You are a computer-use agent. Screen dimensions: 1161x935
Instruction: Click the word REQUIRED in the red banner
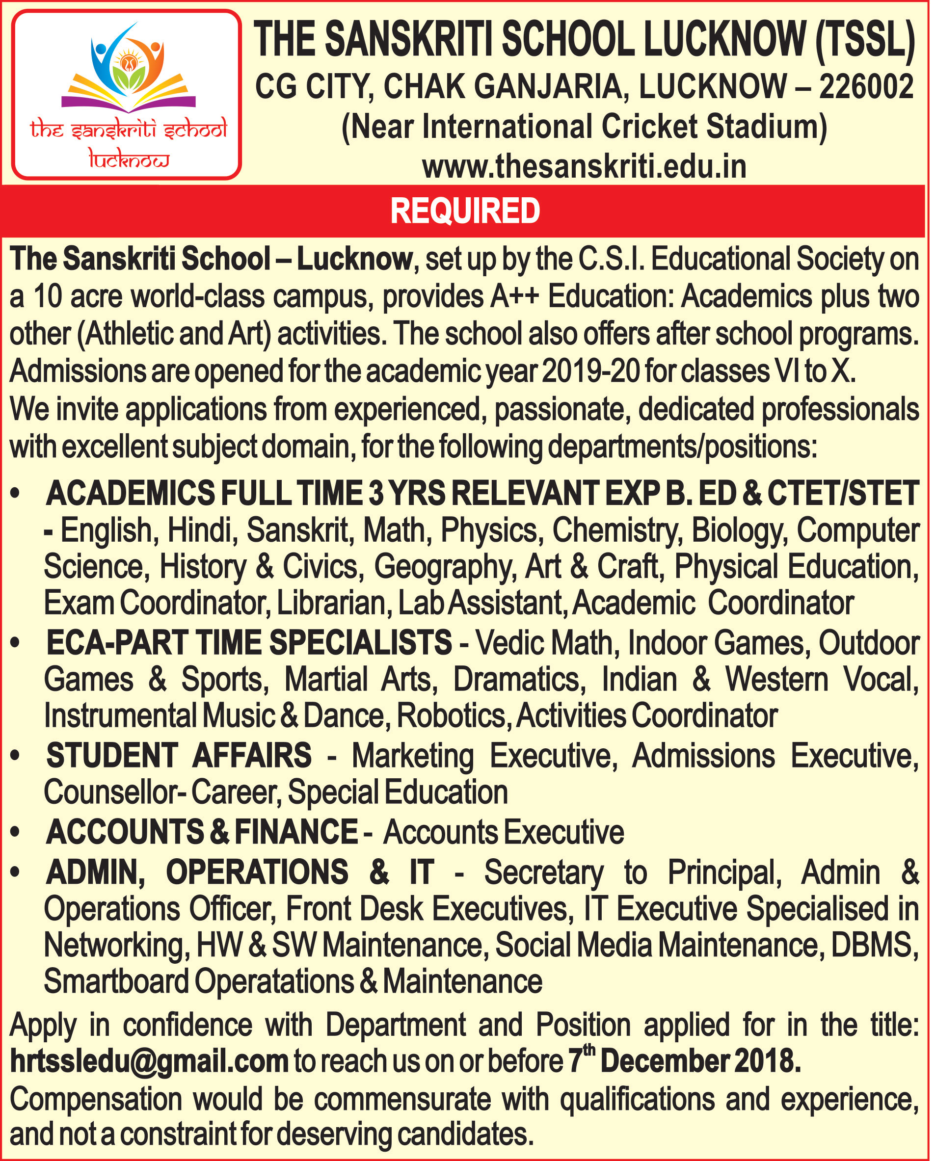pyautogui.click(x=465, y=211)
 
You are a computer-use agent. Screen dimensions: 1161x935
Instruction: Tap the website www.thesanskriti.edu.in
pyautogui.click(x=584, y=166)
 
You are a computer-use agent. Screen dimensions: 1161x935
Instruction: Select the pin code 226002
pyautogui.click(x=866, y=87)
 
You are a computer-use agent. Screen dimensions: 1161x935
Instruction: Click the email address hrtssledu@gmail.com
pyautogui.click(x=149, y=1060)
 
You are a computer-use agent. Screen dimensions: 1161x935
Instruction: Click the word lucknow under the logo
pyautogui.click(x=129, y=160)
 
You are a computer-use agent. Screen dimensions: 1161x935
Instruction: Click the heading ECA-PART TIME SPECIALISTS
pyautogui.click(x=249, y=642)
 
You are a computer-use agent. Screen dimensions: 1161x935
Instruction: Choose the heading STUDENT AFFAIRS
pyautogui.click(x=179, y=756)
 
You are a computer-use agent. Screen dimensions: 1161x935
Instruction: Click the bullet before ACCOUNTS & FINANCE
pyautogui.click(x=15, y=832)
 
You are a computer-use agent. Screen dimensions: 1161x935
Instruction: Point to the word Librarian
pyautogui.click(x=334, y=603)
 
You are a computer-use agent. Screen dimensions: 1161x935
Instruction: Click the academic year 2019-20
pyautogui.click(x=591, y=371)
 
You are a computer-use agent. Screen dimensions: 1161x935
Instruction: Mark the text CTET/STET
pyautogui.click(x=843, y=493)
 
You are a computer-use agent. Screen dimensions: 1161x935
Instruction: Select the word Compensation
pyautogui.click(x=96, y=1099)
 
